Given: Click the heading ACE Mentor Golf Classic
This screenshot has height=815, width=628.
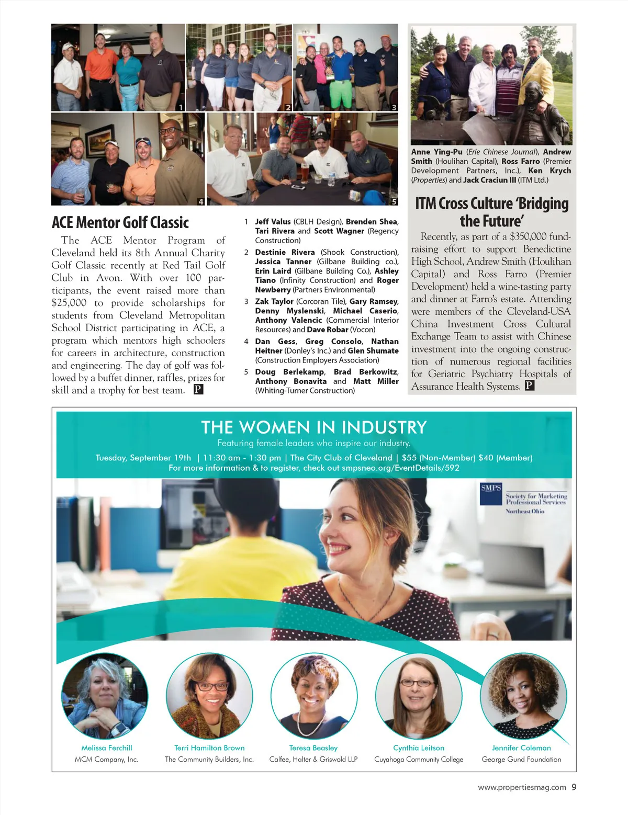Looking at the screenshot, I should (120, 222).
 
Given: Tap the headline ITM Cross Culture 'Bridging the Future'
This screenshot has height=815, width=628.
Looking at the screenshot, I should (491, 211).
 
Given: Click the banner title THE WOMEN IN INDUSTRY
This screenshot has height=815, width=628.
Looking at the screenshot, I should (313, 427).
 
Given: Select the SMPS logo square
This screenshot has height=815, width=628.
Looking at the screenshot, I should (490, 494).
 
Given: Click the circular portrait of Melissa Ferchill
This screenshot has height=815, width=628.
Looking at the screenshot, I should (105, 695).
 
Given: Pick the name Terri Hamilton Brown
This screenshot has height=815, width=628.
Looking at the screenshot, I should (209, 748).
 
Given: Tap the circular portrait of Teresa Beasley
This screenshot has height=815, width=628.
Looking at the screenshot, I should (314, 695).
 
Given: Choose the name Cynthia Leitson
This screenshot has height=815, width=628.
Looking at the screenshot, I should (419, 748).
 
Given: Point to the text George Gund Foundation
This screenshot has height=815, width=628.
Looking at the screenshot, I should (521, 760).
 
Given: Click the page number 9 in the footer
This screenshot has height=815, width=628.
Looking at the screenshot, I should (574, 787).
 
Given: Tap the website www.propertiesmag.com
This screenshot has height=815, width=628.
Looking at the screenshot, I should (522, 787).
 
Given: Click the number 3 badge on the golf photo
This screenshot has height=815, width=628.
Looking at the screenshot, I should (394, 107).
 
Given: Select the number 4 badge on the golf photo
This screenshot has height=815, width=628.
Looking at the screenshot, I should (201, 201).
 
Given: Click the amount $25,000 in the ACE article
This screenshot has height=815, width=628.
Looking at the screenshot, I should (69, 303).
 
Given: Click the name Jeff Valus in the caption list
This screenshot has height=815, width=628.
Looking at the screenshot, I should (273, 222).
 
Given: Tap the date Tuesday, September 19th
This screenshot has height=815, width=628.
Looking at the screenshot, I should (143, 458).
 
